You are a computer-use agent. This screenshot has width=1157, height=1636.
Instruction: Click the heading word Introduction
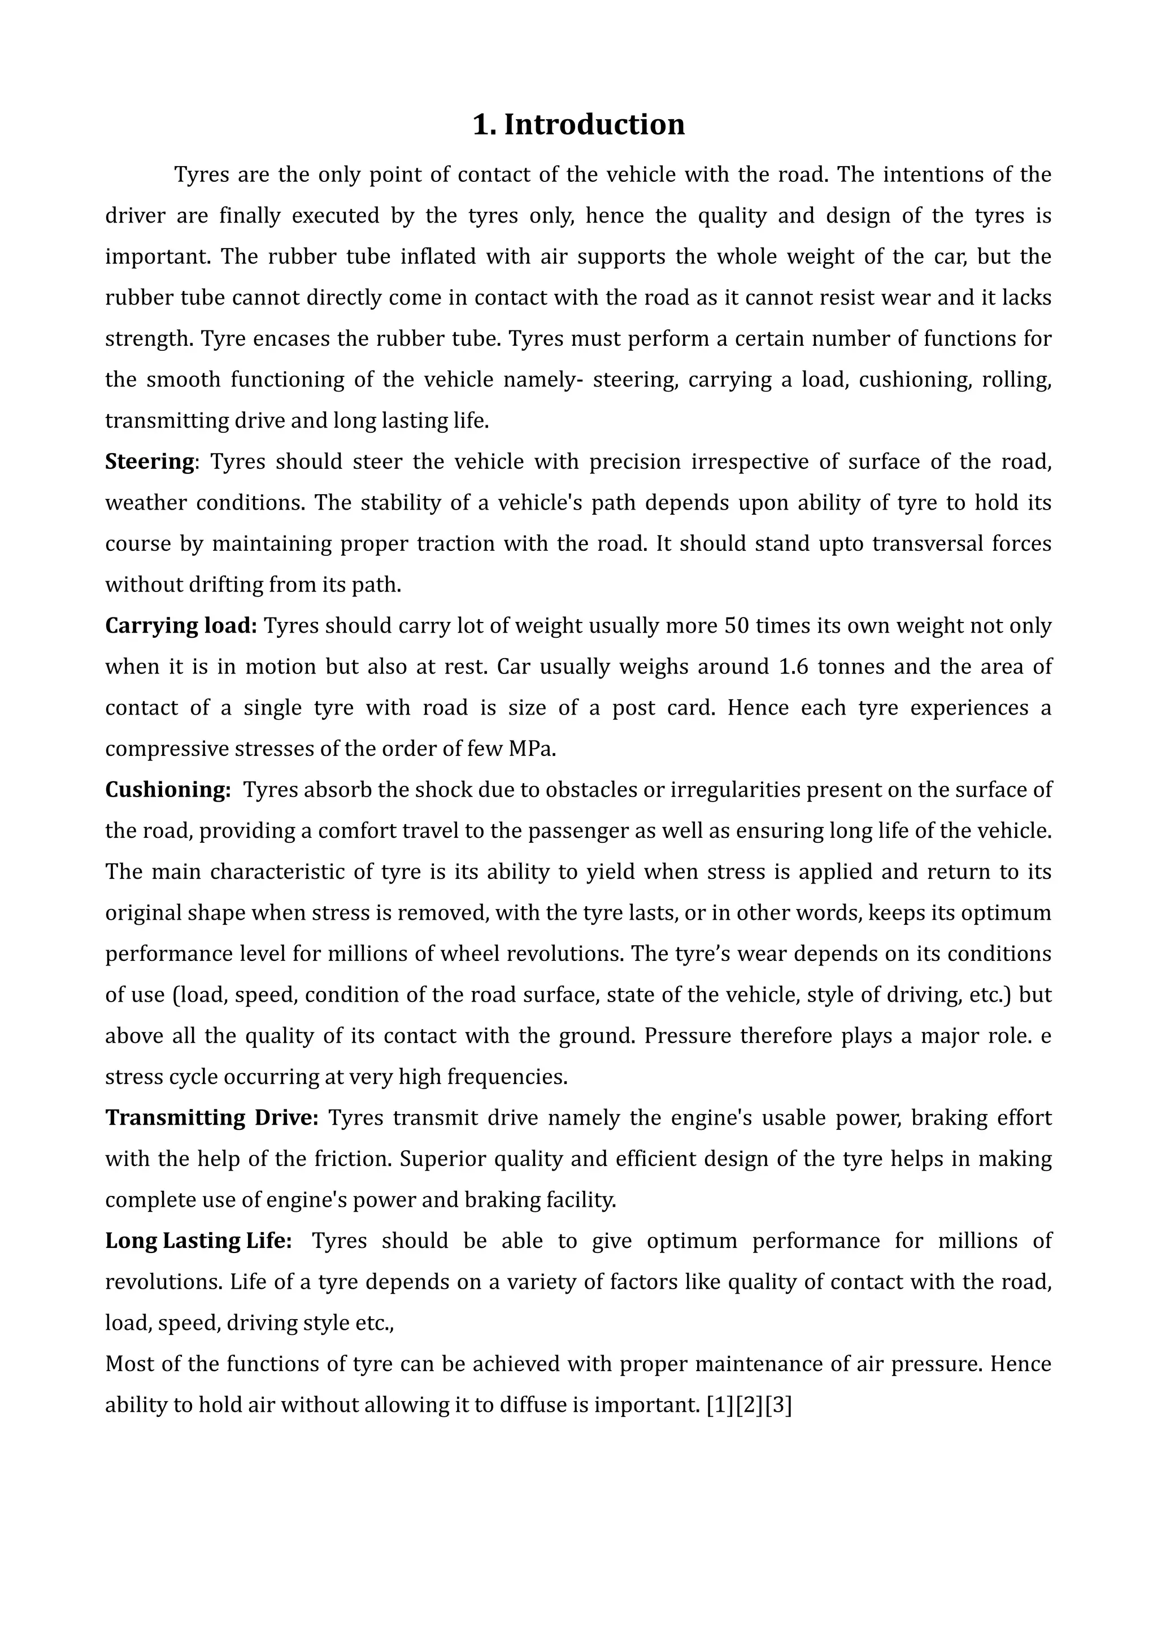coord(594,125)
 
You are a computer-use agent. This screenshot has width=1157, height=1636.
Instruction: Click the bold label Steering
coord(150,462)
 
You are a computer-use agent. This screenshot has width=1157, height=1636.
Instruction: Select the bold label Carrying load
coord(180,625)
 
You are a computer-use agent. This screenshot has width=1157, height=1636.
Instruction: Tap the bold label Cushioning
coord(167,790)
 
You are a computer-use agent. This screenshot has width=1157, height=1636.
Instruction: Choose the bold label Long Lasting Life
coord(198,1241)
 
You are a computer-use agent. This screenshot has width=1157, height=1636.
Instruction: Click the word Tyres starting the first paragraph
coord(201,175)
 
